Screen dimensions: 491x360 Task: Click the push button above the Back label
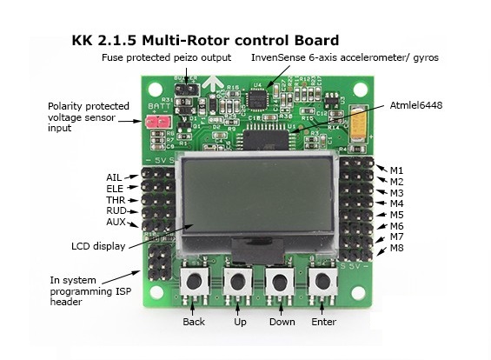(x=194, y=282)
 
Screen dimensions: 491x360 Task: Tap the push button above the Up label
(x=237, y=282)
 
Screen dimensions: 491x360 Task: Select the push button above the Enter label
(x=322, y=282)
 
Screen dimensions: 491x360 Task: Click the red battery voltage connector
(x=158, y=122)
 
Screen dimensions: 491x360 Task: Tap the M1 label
(x=396, y=170)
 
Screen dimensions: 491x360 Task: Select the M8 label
(x=397, y=248)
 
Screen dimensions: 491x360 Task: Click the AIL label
(x=114, y=177)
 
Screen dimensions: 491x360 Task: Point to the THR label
(x=116, y=200)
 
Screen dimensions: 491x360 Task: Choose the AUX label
(x=116, y=222)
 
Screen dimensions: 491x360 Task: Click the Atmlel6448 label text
(x=416, y=105)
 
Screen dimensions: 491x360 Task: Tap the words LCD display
(x=98, y=246)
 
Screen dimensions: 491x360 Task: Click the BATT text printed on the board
(x=160, y=106)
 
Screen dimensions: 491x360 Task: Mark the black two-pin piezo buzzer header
(x=187, y=90)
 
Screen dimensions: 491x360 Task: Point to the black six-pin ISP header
(x=160, y=263)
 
